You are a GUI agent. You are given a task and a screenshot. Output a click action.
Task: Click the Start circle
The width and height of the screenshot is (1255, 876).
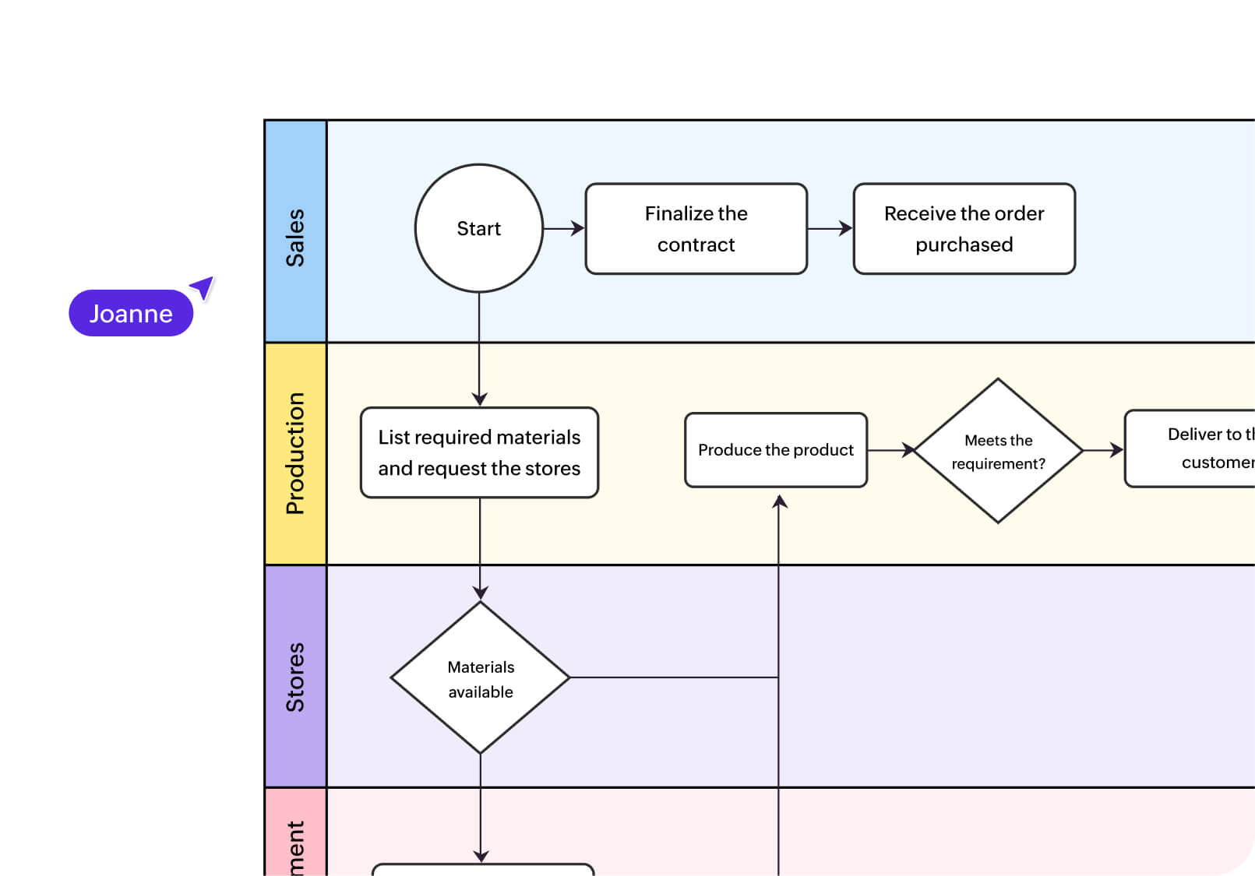[x=478, y=228]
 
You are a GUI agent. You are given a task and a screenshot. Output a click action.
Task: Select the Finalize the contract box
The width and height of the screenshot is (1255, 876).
[x=696, y=229]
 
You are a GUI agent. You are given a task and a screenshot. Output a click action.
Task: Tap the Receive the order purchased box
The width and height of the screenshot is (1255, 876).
[x=964, y=229]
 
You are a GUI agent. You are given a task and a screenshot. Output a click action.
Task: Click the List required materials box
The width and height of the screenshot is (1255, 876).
[x=479, y=452]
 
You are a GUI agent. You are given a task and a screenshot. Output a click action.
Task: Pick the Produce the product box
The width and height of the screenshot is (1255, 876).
[x=775, y=450]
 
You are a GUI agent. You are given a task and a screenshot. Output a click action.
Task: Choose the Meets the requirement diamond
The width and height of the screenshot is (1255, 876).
[x=998, y=451]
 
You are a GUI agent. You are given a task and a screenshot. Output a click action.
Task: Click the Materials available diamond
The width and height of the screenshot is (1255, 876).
[x=480, y=678]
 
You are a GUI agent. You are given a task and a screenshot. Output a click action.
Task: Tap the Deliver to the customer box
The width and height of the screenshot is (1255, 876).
[x=1192, y=449]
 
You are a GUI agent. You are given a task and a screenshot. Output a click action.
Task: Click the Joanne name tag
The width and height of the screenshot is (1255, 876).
[x=131, y=313]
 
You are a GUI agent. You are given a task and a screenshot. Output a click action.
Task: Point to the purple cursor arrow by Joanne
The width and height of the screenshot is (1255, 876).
[x=203, y=287]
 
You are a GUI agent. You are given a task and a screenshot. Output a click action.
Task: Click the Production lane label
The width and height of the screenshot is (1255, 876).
[x=295, y=453]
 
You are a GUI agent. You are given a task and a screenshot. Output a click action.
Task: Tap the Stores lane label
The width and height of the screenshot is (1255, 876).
[x=295, y=676]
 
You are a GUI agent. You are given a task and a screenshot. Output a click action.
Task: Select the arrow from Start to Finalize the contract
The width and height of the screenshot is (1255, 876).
[x=564, y=228]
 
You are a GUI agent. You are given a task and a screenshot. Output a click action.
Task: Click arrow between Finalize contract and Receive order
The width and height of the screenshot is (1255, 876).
[x=830, y=228]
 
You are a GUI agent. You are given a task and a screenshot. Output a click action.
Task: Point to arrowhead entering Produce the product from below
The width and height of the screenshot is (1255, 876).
[x=779, y=502]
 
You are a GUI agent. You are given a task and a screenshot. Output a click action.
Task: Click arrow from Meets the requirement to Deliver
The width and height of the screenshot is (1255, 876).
[x=1104, y=450]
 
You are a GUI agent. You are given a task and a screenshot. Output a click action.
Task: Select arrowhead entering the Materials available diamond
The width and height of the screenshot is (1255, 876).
[x=481, y=593]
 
